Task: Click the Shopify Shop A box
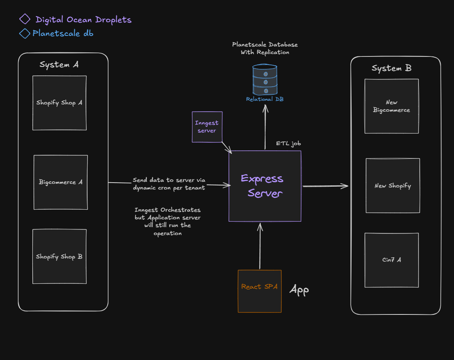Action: click(x=59, y=103)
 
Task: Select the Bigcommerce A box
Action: click(x=61, y=182)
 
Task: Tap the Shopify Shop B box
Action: click(x=59, y=256)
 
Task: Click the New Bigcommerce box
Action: click(x=391, y=106)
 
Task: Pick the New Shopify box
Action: click(x=393, y=185)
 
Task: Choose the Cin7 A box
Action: click(x=391, y=260)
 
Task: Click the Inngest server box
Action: click(x=207, y=127)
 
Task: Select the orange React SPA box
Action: click(x=259, y=291)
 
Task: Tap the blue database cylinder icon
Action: click(x=265, y=79)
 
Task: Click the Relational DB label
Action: click(x=265, y=99)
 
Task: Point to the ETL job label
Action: click(x=288, y=144)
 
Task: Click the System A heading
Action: click(x=59, y=65)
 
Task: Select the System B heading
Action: click(x=391, y=68)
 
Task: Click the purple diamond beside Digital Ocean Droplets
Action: click(x=25, y=19)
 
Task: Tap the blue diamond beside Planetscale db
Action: click(x=25, y=33)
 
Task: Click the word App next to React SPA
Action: click(x=299, y=290)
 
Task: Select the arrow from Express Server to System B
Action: click(x=325, y=186)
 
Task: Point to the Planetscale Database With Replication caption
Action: click(x=265, y=48)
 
